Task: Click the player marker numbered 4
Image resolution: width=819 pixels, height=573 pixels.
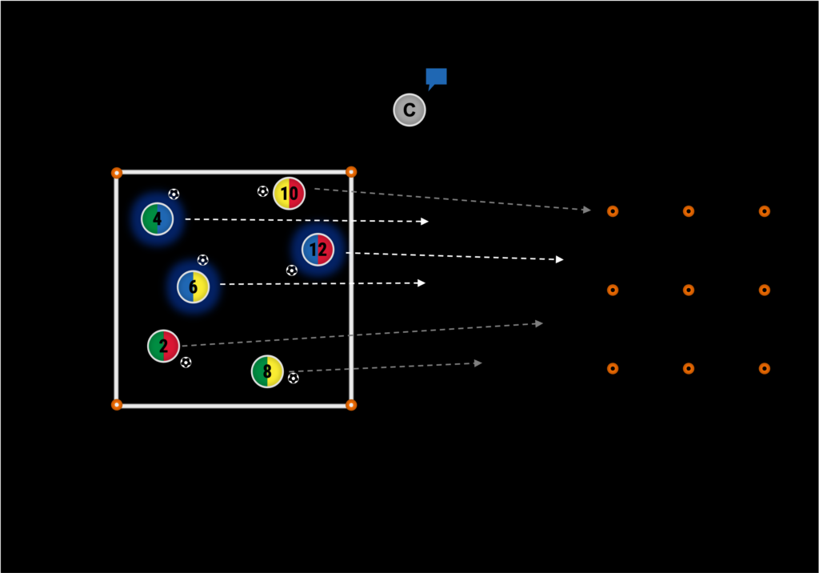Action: (x=157, y=218)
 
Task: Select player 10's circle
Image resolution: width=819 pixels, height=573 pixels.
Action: (x=289, y=193)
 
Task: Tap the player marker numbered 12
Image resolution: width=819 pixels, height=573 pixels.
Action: (x=318, y=250)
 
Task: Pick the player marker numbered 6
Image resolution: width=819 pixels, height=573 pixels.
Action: (x=193, y=286)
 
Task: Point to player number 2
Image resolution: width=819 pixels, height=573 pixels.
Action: (x=163, y=346)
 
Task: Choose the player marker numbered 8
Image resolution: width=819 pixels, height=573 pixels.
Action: (x=267, y=371)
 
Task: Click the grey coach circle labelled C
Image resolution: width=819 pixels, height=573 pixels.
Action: (x=409, y=110)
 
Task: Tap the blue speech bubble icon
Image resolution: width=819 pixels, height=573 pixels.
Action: (x=436, y=78)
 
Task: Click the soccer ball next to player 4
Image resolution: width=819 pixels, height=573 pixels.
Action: (x=174, y=194)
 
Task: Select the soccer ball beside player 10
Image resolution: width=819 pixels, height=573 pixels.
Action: (x=262, y=191)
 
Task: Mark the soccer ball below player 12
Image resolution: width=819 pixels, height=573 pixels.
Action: (x=291, y=270)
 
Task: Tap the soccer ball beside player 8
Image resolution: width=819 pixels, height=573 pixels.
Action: (x=293, y=378)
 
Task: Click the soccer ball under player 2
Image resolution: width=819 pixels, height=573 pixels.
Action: (x=186, y=363)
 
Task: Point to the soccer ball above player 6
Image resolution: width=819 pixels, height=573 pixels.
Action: (x=202, y=260)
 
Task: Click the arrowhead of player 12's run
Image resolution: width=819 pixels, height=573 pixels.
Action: (x=560, y=259)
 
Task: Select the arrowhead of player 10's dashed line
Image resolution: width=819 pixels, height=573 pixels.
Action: (x=587, y=210)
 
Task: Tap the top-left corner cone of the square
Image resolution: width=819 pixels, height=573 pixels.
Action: (x=117, y=173)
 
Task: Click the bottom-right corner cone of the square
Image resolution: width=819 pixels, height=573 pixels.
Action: (x=351, y=405)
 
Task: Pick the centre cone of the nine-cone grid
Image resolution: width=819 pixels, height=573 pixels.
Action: (x=688, y=290)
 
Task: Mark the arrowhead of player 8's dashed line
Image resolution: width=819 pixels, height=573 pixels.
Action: (x=478, y=363)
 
